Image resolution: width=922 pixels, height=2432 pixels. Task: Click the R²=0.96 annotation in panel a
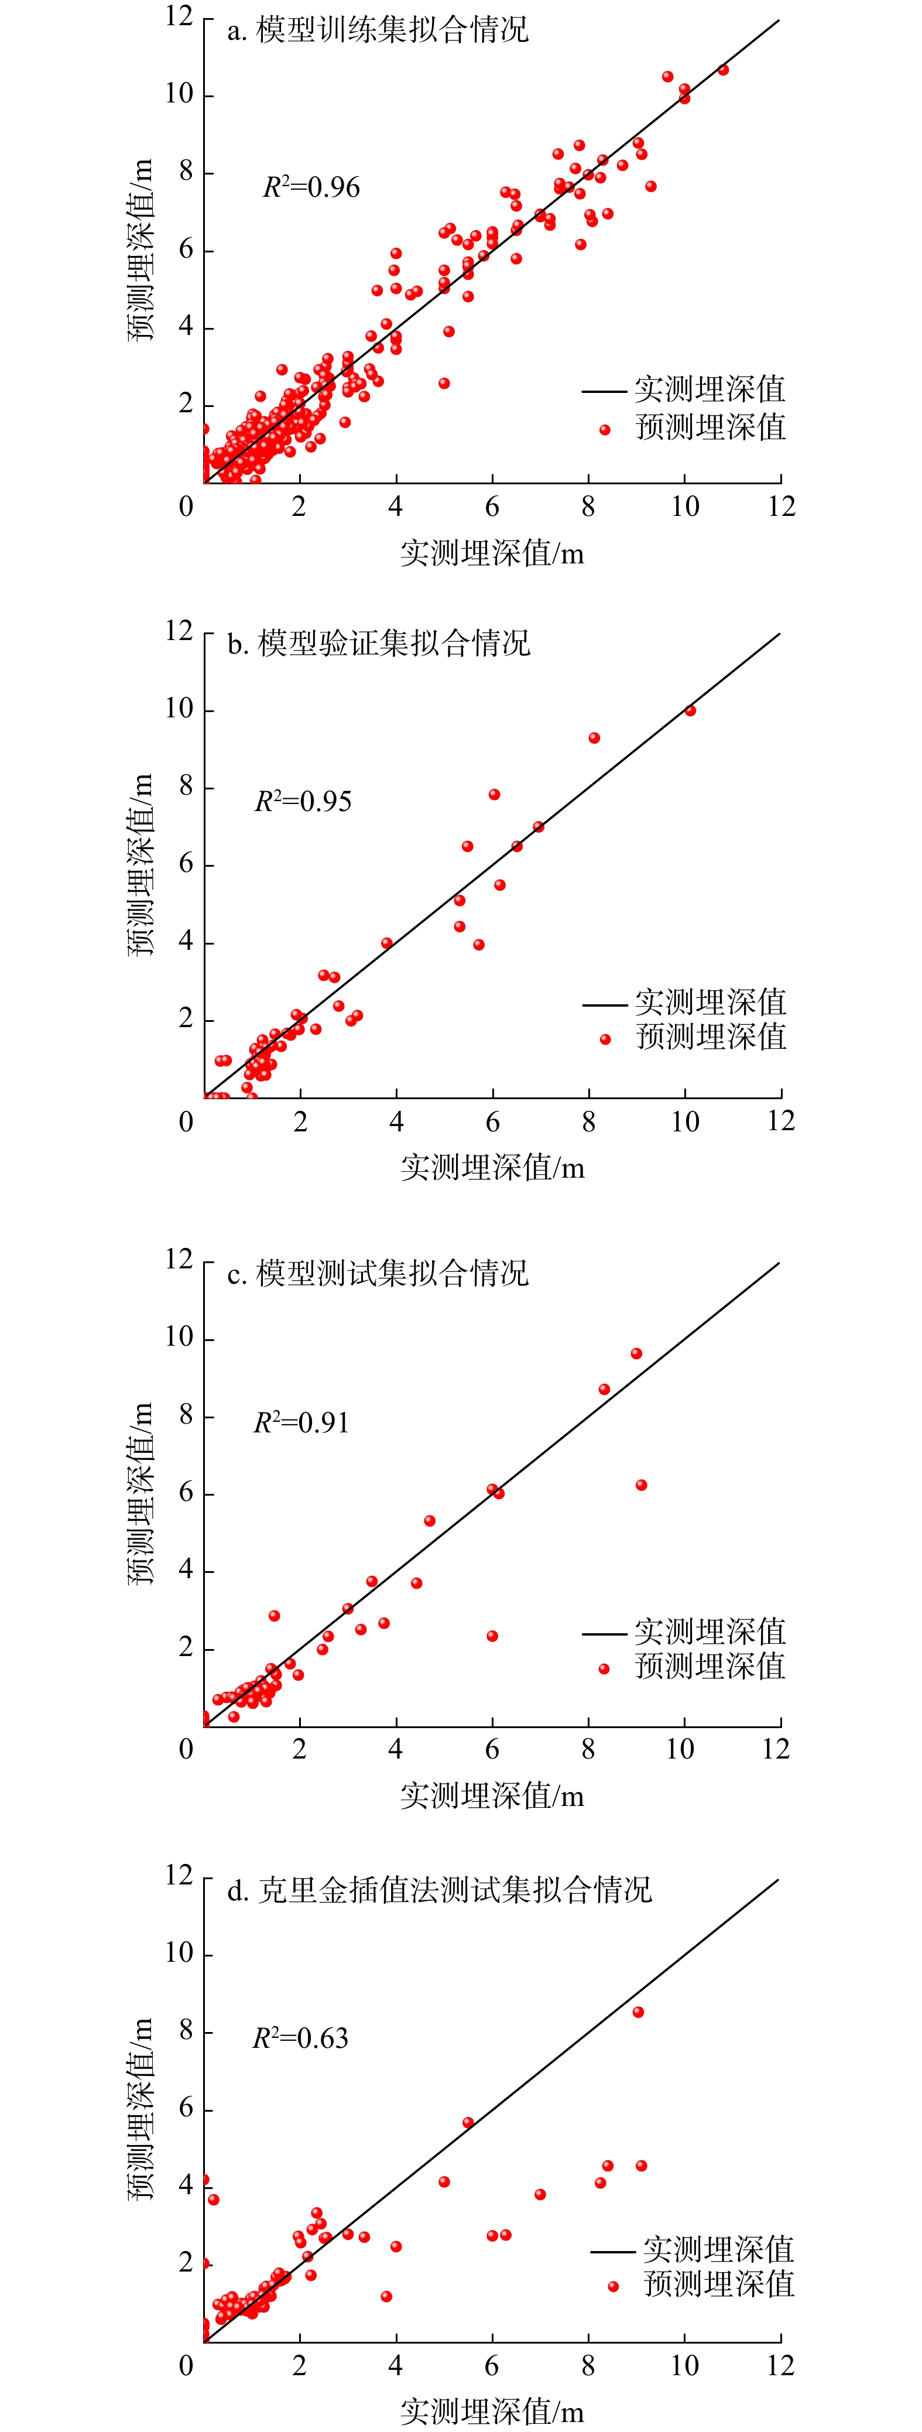(x=310, y=187)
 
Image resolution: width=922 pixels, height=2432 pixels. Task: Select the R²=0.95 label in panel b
(x=303, y=802)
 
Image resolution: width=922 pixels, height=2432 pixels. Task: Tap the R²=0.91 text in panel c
(x=301, y=1423)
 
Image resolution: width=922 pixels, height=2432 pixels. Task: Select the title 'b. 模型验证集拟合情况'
(x=378, y=644)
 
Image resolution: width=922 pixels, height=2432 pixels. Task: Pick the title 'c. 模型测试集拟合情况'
(x=378, y=1274)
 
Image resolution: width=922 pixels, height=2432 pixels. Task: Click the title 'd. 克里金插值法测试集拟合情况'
(x=439, y=1889)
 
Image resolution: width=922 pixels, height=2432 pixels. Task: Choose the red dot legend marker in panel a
(x=605, y=430)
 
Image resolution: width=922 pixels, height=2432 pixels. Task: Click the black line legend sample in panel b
(x=604, y=1004)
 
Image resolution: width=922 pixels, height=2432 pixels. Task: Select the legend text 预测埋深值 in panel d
(x=719, y=2284)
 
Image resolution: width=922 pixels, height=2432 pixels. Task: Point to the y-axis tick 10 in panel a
(x=179, y=94)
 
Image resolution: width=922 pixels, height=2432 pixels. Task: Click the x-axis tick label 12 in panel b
(x=780, y=1121)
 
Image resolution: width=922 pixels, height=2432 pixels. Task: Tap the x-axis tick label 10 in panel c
(x=680, y=1749)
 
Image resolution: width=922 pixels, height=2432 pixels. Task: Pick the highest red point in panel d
(x=638, y=2012)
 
